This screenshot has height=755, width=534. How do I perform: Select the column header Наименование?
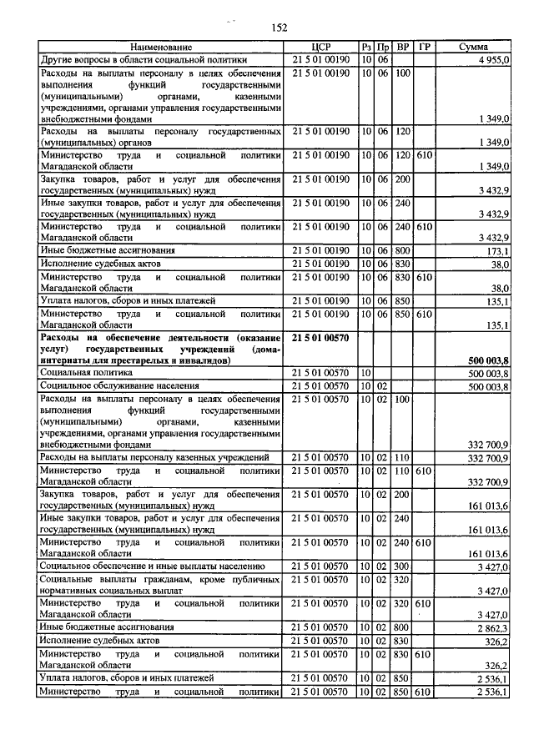pyautogui.click(x=163, y=48)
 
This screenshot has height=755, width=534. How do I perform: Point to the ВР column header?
pyautogui.click(x=403, y=48)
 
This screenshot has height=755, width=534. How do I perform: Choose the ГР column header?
pyautogui.click(x=424, y=48)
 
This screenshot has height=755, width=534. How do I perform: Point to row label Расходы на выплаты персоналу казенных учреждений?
pyautogui.click(x=154, y=458)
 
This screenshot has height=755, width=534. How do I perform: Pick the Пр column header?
pyautogui.click(x=383, y=48)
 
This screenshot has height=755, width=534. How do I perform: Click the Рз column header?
pyautogui.click(x=365, y=48)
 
